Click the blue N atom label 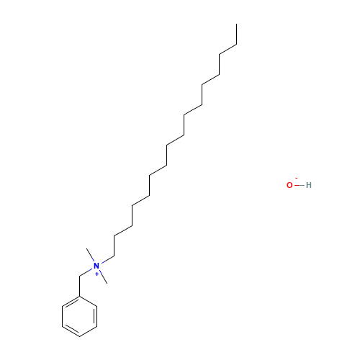[96, 266]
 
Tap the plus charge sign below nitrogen [96, 274]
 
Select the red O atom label [289, 185]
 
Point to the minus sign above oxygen [297, 178]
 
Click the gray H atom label [309, 185]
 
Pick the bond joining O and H [300, 185]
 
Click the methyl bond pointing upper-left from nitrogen [90, 255]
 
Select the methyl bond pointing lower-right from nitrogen [104, 277]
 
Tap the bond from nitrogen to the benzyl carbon [86, 273]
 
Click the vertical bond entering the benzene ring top [79, 287]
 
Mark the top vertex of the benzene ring [79, 297]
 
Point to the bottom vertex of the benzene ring [79, 336]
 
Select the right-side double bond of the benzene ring [96, 317]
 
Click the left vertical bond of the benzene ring [62, 317]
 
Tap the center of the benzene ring [79, 317]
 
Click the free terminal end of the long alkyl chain [237, 24]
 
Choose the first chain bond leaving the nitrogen [107, 260]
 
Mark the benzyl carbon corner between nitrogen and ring [79, 276]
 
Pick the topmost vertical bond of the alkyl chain [237, 34]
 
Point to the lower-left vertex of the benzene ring [62, 327]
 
